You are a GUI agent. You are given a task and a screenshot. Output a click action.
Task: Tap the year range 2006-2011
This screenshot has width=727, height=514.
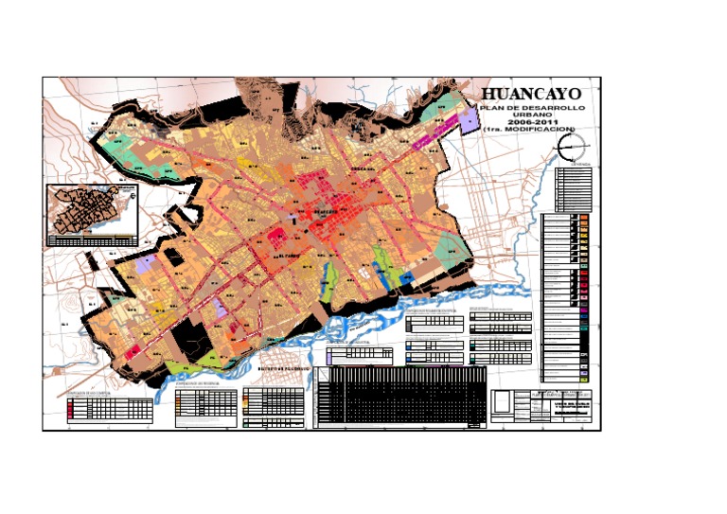(x=532, y=123)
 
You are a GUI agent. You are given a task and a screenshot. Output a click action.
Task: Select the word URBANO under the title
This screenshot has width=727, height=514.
(x=532, y=115)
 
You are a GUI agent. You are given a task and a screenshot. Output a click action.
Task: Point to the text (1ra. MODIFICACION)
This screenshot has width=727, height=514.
(x=532, y=131)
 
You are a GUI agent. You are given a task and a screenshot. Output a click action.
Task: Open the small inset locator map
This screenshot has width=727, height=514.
(x=93, y=213)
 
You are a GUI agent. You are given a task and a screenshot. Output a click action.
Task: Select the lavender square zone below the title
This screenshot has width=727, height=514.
(x=470, y=122)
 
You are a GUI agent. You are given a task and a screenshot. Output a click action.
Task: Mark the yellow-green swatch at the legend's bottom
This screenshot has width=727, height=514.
(x=585, y=367)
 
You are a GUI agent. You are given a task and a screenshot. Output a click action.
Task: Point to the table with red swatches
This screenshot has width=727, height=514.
(x=109, y=409)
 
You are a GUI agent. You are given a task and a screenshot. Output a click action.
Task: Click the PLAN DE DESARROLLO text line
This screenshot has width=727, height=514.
(x=533, y=108)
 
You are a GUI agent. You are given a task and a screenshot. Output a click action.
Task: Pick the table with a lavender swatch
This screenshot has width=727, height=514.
(x=360, y=355)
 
